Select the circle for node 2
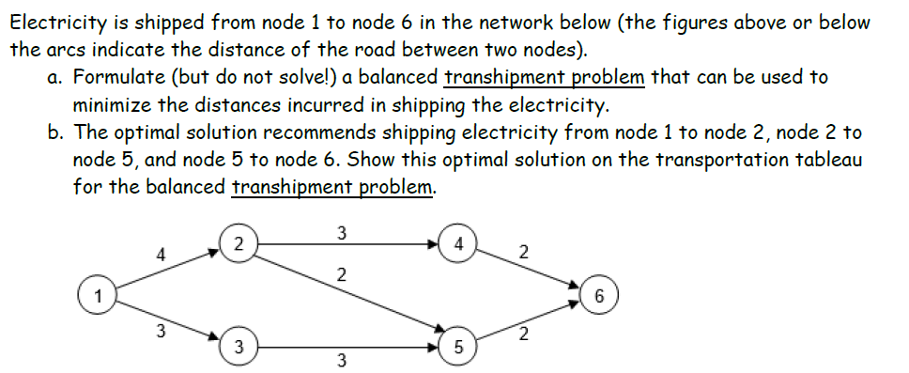click(239, 242)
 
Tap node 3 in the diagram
click(239, 347)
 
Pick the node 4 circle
click(457, 242)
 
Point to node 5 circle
click(457, 347)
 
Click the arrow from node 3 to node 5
click(347, 347)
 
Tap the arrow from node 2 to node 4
click(347, 242)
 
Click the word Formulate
click(116, 78)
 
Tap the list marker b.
click(54, 132)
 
